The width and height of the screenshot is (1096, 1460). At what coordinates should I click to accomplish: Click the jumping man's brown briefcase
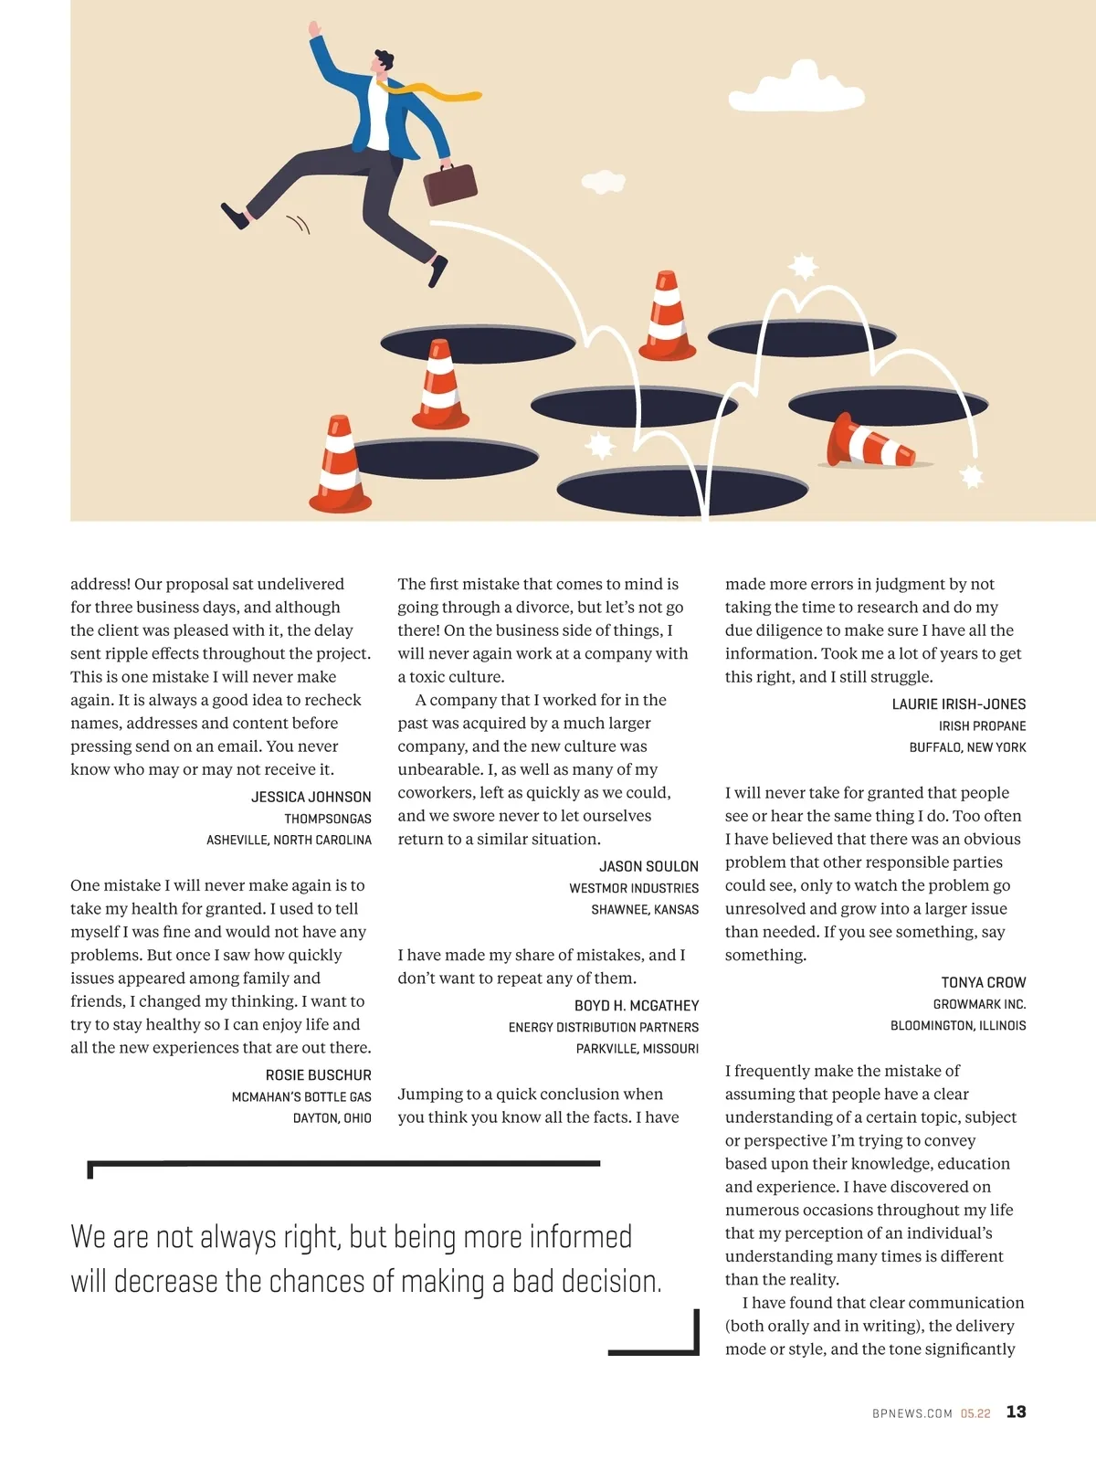pos(450,184)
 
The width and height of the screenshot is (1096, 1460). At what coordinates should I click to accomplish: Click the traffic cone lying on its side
pos(869,442)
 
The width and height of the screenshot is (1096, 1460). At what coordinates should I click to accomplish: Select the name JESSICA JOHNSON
pos(311,797)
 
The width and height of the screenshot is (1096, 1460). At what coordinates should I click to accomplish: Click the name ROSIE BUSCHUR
pos(318,1075)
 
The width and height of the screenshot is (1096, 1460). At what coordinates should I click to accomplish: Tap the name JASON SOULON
pos(648,866)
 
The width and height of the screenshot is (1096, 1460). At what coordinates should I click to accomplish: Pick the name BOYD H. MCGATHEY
pos(637,1005)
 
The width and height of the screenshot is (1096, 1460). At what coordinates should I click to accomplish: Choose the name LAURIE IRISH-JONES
pos(958,704)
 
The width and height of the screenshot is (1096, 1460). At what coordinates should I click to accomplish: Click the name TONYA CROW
pos(983,982)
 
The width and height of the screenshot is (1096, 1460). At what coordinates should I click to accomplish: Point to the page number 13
pos(1016,1412)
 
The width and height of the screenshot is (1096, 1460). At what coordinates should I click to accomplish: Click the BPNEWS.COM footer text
pos(912,1413)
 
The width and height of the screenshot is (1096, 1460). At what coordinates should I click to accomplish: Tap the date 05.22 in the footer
pos(975,1413)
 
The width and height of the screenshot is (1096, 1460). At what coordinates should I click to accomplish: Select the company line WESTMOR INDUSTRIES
pos(634,888)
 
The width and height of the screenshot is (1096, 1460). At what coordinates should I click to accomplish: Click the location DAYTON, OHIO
pos(332,1118)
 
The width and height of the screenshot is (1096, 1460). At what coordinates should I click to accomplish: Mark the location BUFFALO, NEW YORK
pos(967,747)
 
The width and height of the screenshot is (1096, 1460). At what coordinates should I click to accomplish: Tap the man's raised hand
pos(315,29)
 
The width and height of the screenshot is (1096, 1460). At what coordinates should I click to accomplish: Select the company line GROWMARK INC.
pos(979,1004)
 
